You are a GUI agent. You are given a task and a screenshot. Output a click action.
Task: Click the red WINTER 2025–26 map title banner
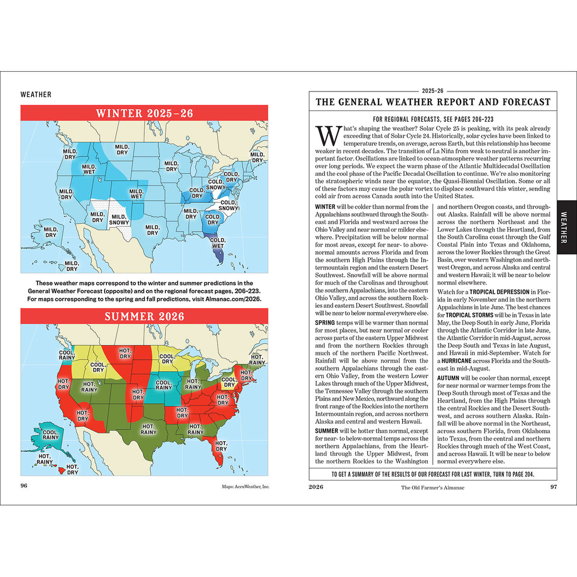pyautogui.click(x=144, y=113)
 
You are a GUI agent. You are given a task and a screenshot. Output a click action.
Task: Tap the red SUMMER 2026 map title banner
pyautogui.click(x=144, y=317)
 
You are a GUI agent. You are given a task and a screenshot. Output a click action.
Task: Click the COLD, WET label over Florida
pyautogui.click(x=218, y=243)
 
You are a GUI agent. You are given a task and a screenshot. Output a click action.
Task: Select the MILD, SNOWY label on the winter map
pyautogui.click(x=119, y=220)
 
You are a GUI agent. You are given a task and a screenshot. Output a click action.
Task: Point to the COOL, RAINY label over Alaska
pyautogui.click(x=50, y=435)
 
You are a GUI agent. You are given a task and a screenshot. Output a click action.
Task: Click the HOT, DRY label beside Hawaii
pyautogui.click(x=72, y=470)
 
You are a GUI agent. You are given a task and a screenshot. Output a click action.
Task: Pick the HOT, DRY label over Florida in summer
pyautogui.click(x=221, y=446)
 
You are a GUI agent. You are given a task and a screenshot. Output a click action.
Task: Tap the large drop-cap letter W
pyautogui.click(x=328, y=136)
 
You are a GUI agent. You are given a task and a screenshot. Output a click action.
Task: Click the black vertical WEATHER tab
pyautogui.click(x=564, y=227)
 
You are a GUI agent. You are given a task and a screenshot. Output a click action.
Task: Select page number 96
pyautogui.click(x=24, y=486)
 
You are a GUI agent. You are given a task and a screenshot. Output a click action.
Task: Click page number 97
pyautogui.click(x=553, y=487)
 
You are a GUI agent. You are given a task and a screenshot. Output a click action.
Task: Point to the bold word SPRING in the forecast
pyautogui.click(x=325, y=323)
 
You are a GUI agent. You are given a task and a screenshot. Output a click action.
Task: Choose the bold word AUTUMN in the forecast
pyautogui.click(x=448, y=378)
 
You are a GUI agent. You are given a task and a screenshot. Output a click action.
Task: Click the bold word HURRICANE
pyautogui.click(x=456, y=361)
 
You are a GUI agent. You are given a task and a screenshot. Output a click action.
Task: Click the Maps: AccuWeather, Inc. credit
pyautogui.click(x=245, y=487)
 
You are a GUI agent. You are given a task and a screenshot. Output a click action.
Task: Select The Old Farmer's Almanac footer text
pyautogui.click(x=433, y=487)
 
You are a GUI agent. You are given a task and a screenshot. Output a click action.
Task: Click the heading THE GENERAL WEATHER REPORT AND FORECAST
pyautogui.click(x=433, y=102)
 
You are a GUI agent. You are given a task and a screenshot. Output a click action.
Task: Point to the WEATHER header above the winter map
pyautogui.click(x=36, y=95)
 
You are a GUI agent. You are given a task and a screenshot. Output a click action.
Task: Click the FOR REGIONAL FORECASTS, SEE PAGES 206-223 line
pyautogui.click(x=433, y=119)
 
